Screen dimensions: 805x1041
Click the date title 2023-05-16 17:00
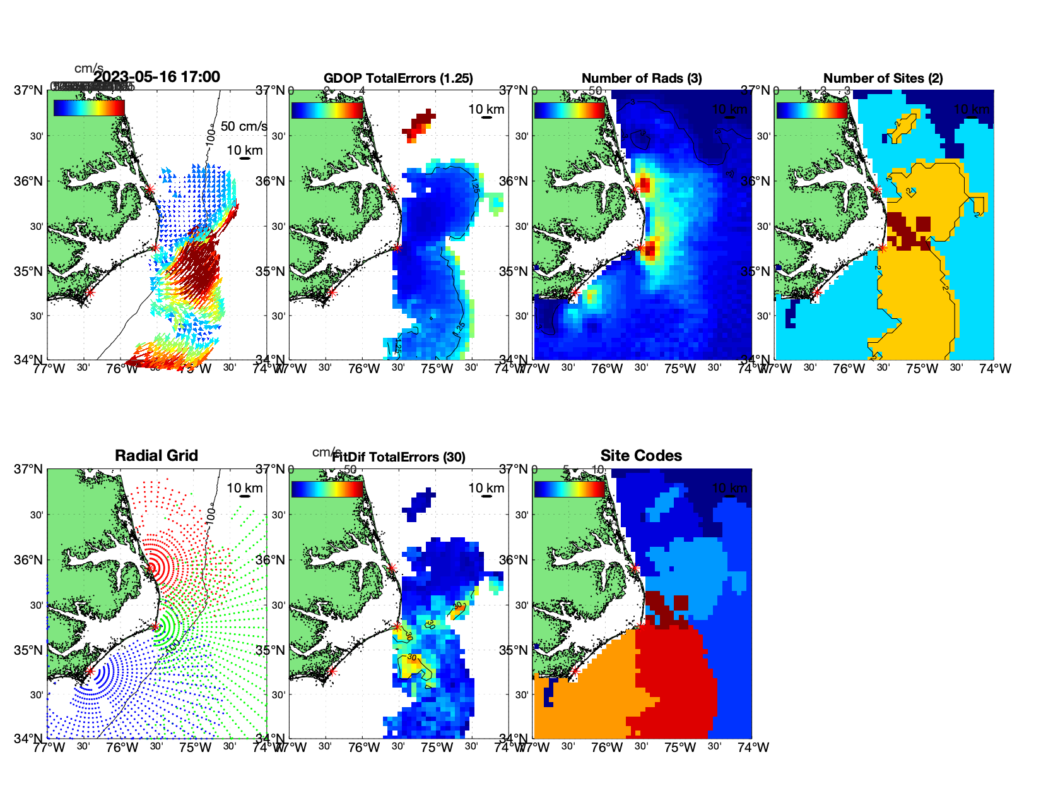[156, 77]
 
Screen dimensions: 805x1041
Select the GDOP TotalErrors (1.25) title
[398, 78]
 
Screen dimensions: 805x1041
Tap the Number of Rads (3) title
[642, 78]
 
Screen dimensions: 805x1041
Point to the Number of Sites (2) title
[883, 78]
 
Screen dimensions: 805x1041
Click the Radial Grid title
[156, 456]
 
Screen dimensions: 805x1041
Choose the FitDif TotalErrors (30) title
[399, 457]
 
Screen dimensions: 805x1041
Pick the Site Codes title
[641, 456]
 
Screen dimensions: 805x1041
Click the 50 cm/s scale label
[244, 126]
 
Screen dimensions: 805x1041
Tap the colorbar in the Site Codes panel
[570, 489]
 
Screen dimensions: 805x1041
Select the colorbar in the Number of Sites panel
[812, 110]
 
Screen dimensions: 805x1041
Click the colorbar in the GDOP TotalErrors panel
[327, 110]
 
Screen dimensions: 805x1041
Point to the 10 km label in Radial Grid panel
[245, 488]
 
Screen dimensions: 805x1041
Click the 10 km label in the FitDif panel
[486, 488]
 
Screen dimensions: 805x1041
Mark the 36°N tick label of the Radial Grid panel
[29, 560]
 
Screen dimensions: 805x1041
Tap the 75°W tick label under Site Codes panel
[680, 748]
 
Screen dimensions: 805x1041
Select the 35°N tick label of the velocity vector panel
[29, 271]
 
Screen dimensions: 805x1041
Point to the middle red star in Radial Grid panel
[155, 627]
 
